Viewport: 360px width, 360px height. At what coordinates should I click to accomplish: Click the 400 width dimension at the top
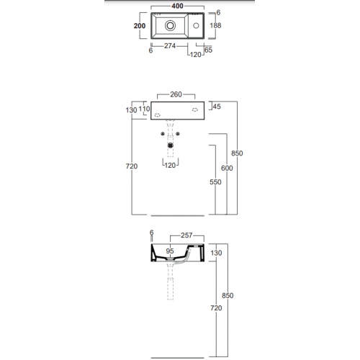click(177, 6)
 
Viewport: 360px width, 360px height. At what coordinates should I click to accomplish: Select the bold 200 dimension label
click(140, 26)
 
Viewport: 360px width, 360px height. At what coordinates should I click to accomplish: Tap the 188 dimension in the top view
click(215, 25)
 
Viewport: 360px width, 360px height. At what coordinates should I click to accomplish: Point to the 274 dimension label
click(170, 45)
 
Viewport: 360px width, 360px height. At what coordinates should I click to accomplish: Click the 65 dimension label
click(208, 50)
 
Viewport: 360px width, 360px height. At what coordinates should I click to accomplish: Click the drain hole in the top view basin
click(170, 25)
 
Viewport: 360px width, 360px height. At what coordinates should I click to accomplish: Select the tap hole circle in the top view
click(196, 25)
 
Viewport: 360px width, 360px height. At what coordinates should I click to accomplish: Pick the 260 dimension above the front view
click(176, 94)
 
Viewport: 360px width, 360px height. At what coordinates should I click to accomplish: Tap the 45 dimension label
click(217, 107)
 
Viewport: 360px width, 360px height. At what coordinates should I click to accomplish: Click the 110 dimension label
click(144, 109)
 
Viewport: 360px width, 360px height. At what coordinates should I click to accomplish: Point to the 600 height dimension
click(227, 168)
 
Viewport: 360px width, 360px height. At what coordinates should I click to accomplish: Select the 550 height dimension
click(215, 182)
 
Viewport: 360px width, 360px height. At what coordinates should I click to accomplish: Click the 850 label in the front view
click(237, 153)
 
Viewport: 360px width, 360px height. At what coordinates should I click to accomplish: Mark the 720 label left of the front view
click(132, 166)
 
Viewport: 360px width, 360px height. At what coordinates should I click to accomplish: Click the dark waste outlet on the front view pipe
click(171, 145)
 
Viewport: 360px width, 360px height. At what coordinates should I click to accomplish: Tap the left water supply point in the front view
click(163, 134)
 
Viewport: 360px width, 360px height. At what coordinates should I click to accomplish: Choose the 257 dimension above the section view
click(186, 235)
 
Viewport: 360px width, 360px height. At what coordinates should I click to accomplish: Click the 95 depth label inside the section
click(170, 251)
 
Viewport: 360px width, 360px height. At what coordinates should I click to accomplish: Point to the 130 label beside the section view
click(216, 253)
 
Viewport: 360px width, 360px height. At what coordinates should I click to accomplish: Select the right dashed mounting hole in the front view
click(195, 109)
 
